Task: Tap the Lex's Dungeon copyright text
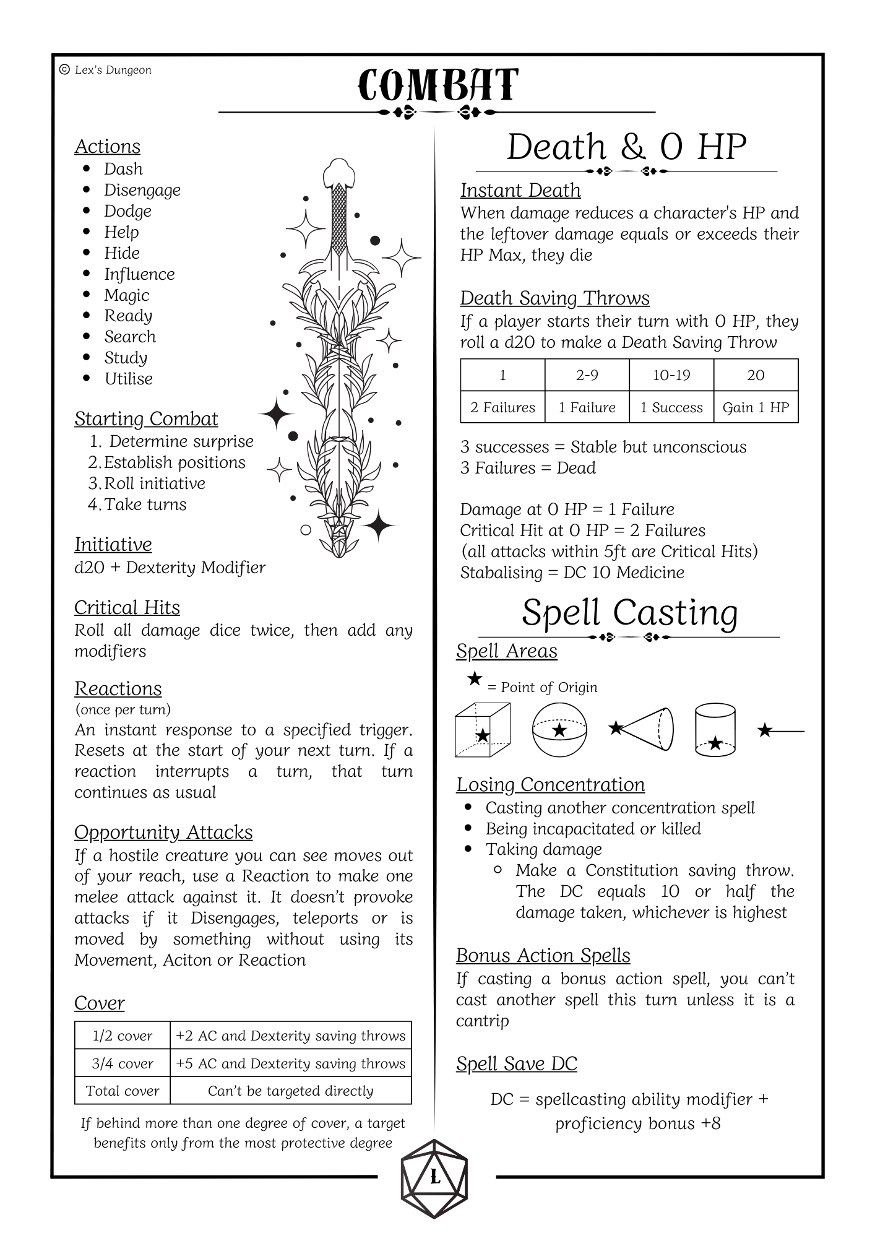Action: (x=106, y=70)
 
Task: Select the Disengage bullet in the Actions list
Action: (x=142, y=190)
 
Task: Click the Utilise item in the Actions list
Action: (x=128, y=379)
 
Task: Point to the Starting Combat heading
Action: (x=146, y=419)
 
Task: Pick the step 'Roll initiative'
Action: (x=154, y=483)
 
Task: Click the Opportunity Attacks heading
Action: (x=163, y=833)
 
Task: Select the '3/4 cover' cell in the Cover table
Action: (x=123, y=1063)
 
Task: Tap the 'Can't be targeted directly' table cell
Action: (x=290, y=1091)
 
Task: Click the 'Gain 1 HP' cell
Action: (x=756, y=407)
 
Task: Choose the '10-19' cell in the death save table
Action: (x=671, y=375)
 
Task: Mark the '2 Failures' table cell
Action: (x=502, y=407)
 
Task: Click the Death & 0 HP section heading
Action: (x=626, y=147)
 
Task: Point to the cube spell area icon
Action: (x=482, y=730)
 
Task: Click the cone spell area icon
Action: (x=644, y=729)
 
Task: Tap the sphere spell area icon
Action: (x=559, y=730)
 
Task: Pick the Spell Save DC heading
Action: (x=516, y=1063)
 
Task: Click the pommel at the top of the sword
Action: (x=338, y=171)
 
